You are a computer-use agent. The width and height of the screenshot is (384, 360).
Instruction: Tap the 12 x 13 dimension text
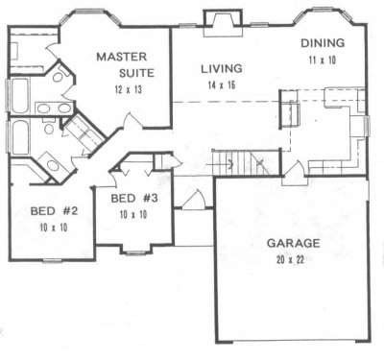[128, 90]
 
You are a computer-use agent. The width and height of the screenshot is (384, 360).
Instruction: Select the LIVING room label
[222, 69]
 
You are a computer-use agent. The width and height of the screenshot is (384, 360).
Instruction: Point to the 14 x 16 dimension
[222, 85]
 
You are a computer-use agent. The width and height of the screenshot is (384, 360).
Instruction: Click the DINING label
[323, 43]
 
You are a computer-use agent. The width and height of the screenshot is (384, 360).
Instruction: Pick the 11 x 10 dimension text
[323, 60]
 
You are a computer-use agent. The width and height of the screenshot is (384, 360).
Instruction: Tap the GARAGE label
[294, 243]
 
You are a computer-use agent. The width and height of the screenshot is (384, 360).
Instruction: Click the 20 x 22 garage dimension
[290, 259]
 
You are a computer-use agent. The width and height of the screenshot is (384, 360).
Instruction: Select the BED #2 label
[54, 211]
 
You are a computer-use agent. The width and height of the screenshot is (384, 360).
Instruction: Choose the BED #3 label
[134, 199]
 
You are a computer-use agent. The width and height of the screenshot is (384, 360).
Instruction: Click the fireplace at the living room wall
[223, 23]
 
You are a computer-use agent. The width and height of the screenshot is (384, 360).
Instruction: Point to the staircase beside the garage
[246, 162]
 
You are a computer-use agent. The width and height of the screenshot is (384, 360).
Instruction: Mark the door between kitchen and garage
[295, 176]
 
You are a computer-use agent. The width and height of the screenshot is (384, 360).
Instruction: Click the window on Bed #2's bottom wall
[52, 261]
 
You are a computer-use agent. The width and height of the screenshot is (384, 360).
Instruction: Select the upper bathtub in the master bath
[20, 96]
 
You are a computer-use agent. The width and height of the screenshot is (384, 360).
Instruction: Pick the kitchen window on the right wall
[368, 126]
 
